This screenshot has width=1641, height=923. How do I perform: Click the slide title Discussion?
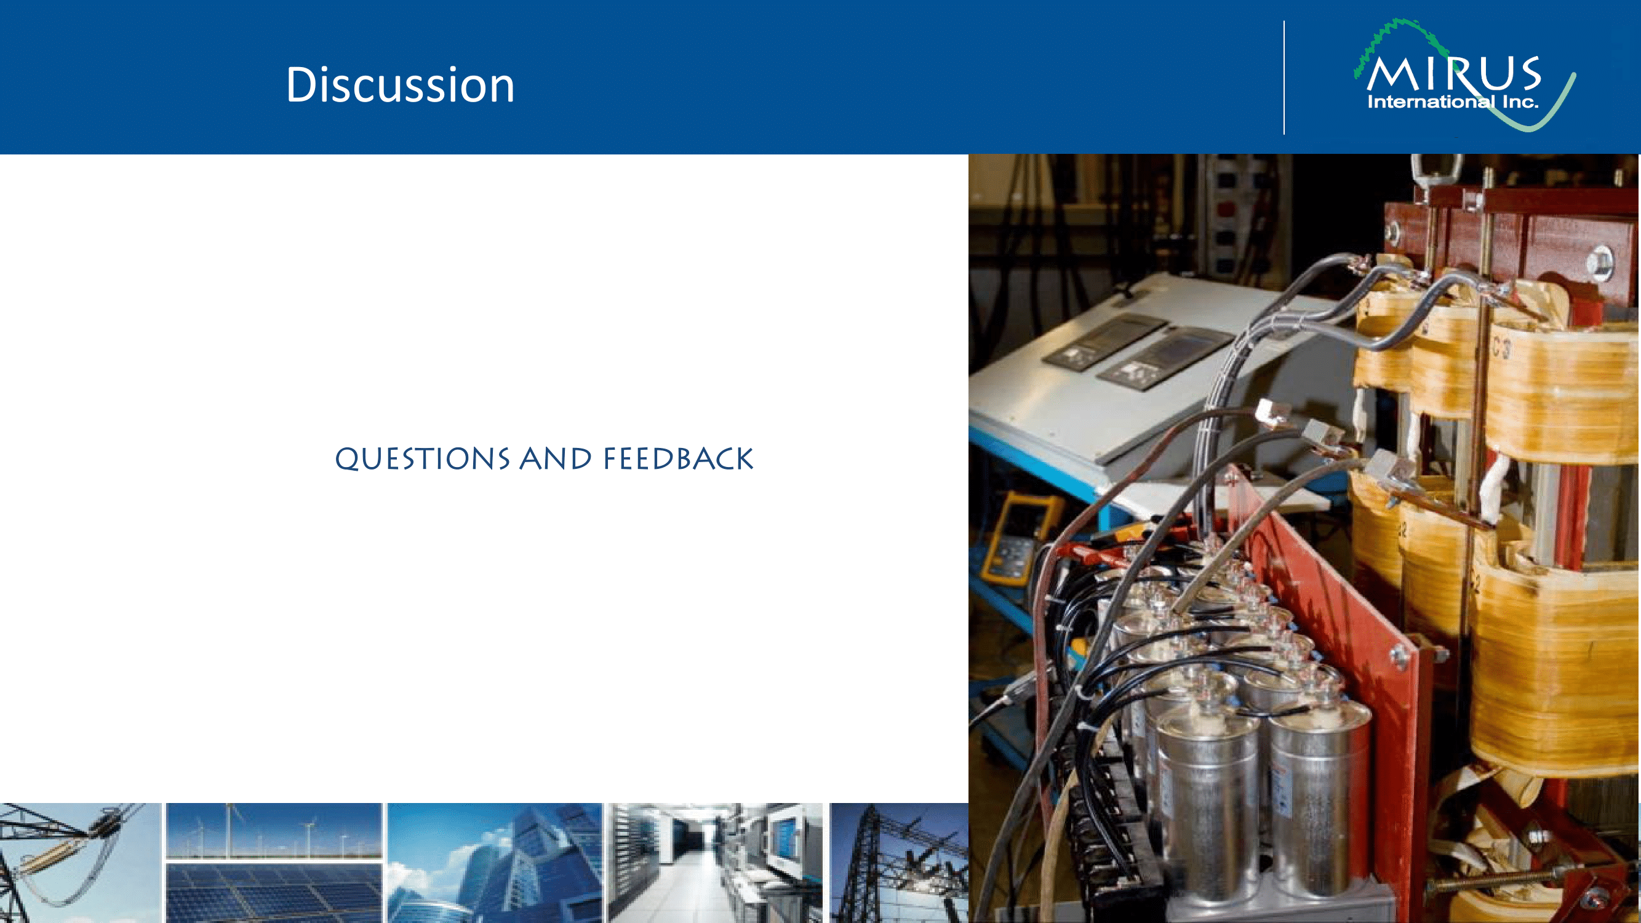coord(400,84)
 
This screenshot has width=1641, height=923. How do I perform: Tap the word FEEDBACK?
coord(678,458)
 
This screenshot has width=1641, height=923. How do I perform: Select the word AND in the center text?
coord(556,458)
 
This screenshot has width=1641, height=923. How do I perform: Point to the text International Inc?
coord(1453,102)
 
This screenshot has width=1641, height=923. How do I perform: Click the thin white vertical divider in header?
coord(1284,78)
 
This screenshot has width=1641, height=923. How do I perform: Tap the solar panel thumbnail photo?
coord(274,892)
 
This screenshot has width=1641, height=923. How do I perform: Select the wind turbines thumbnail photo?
coord(274,831)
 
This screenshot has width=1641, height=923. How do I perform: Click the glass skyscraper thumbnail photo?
coord(495,863)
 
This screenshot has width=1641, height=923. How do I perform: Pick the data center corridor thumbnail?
coord(716,863)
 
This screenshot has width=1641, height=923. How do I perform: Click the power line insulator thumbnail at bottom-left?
coord(80,863)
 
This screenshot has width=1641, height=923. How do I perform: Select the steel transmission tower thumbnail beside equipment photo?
coord(898,863)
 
